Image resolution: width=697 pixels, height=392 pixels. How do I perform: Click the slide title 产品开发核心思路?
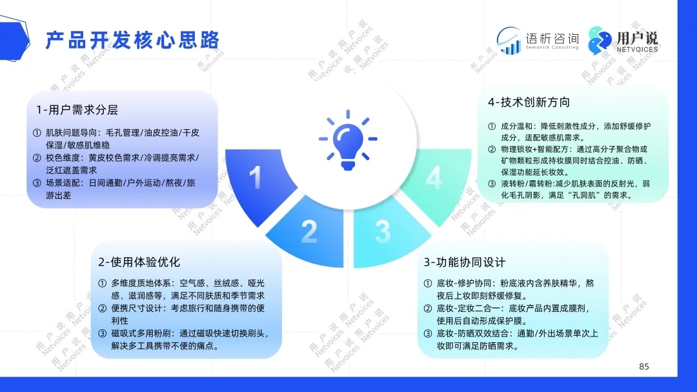pos(132,40)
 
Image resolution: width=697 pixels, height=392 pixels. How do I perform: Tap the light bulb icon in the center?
pos(348,140)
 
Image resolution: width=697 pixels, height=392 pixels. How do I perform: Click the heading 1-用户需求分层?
pos(77,110)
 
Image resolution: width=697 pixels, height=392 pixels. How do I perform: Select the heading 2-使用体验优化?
pos(139,262)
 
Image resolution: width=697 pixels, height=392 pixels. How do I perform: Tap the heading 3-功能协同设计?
pos(465,262)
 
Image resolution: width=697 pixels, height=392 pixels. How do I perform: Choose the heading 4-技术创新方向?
pos(529,102)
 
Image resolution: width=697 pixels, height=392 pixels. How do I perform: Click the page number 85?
pos(644,366)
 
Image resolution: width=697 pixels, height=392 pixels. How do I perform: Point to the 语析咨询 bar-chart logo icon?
pos(509,41)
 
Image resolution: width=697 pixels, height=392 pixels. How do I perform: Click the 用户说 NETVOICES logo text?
pos(637,41)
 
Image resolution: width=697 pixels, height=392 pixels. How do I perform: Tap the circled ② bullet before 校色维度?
pos(37,158)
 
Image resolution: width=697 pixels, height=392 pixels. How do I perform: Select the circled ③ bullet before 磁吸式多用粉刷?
pos(103,333)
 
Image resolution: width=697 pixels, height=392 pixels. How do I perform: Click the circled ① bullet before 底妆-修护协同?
pos(428,284)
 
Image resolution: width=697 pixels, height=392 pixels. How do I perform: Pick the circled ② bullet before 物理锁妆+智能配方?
pos(492,149)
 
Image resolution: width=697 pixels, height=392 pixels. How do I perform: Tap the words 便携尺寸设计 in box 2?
pos(132,308)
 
